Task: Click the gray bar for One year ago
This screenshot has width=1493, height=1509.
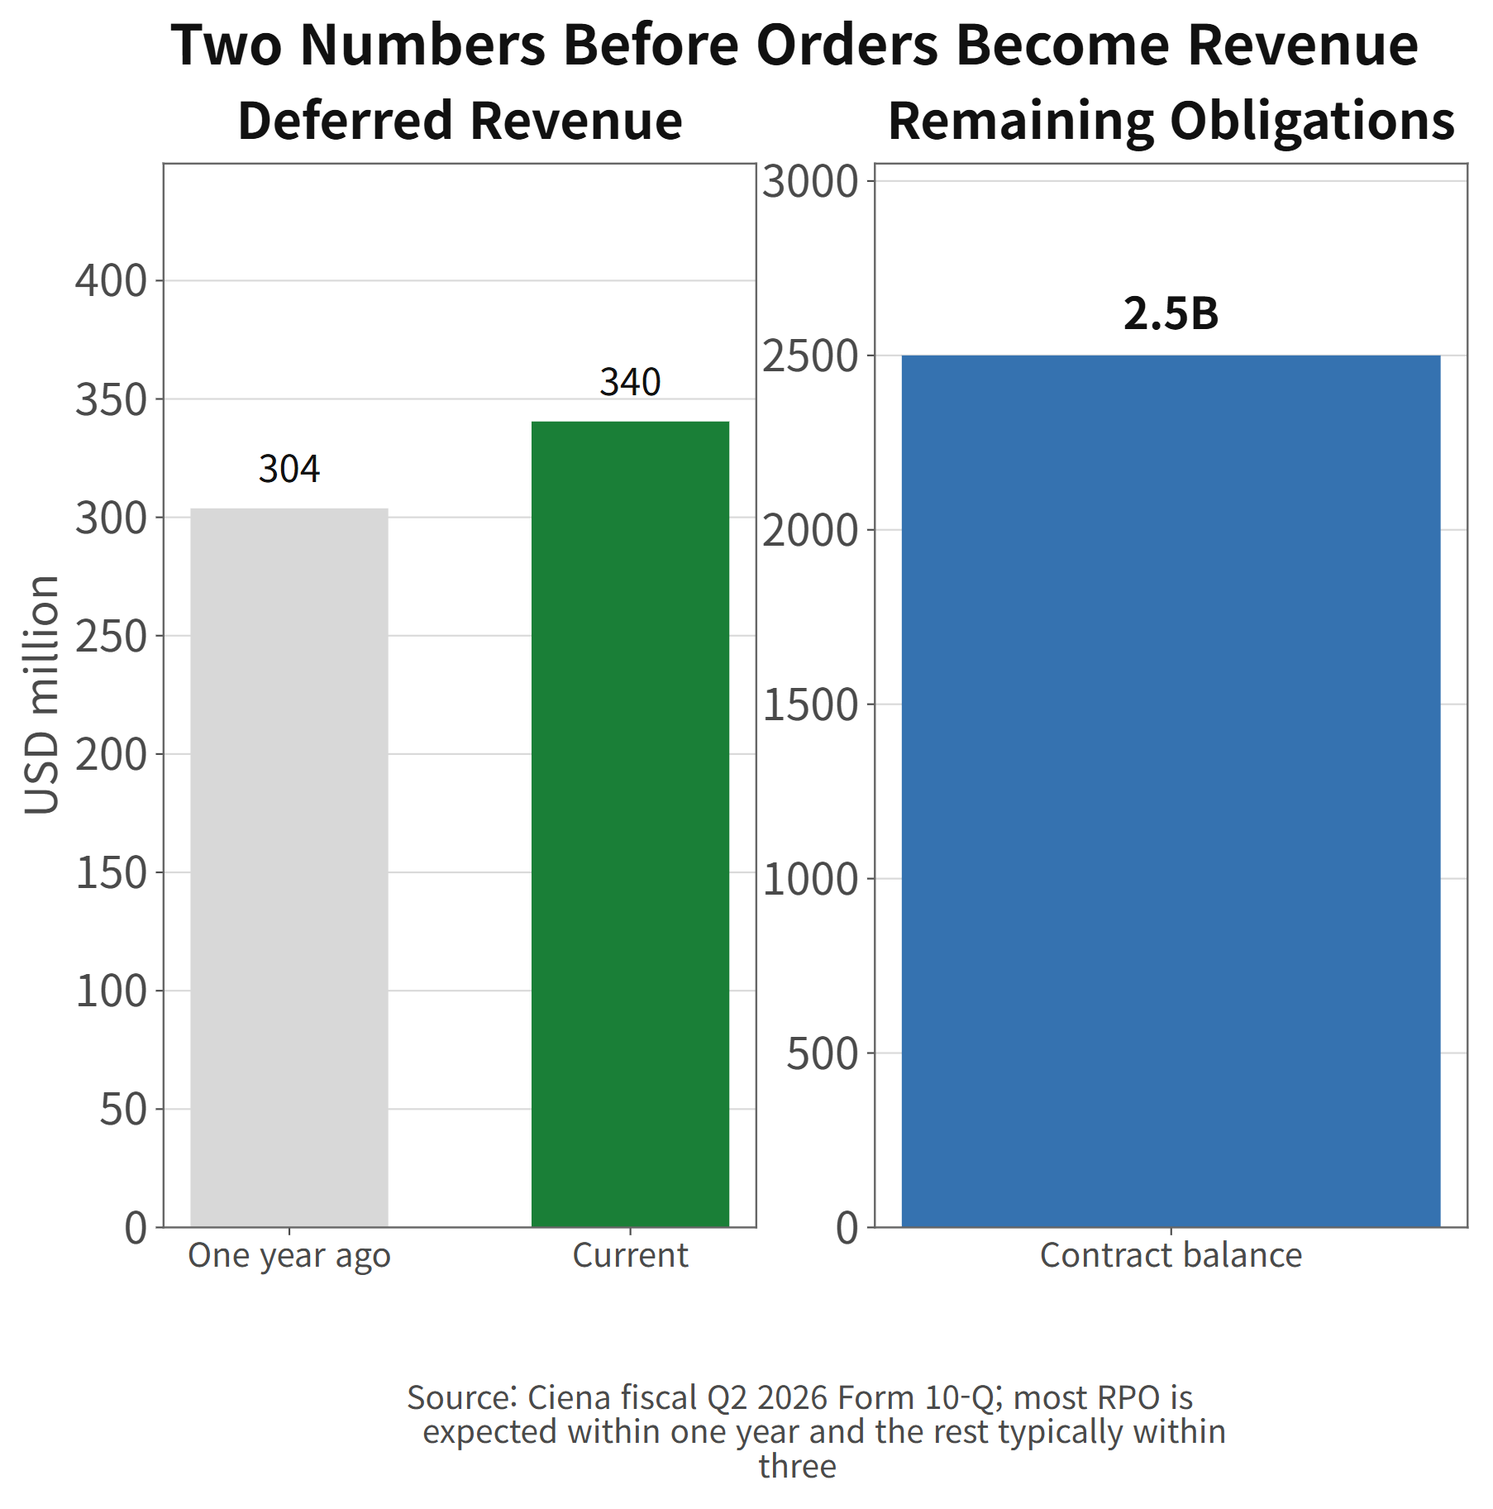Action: coord(289,867)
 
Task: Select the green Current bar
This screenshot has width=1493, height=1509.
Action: coord(630,824)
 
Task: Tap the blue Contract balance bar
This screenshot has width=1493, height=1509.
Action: coord(1171,791)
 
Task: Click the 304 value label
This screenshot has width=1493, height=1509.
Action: coord(289,469)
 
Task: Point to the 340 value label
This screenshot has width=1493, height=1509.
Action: coord(630,382)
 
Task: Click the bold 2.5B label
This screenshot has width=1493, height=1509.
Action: coord(1171,313)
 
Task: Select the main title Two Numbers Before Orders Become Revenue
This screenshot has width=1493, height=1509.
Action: coord(794,45)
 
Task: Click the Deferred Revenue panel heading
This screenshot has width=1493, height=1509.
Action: coord(460,121)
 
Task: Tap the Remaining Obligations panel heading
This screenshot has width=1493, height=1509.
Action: coord(1171,122)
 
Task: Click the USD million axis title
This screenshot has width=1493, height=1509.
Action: coord(41,695)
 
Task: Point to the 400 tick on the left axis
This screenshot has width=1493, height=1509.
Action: coord(111,280)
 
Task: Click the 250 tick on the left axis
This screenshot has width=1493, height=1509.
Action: coord(111,636)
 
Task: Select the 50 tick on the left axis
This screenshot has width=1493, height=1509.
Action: coord(123,1109)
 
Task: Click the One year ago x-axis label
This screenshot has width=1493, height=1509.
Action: coord(289,1256)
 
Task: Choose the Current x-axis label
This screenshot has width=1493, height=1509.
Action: coord(630,1255)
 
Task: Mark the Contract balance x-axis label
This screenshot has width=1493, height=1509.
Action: coord(1171,1255)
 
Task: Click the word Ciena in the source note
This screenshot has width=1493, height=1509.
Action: coord(570,1397)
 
